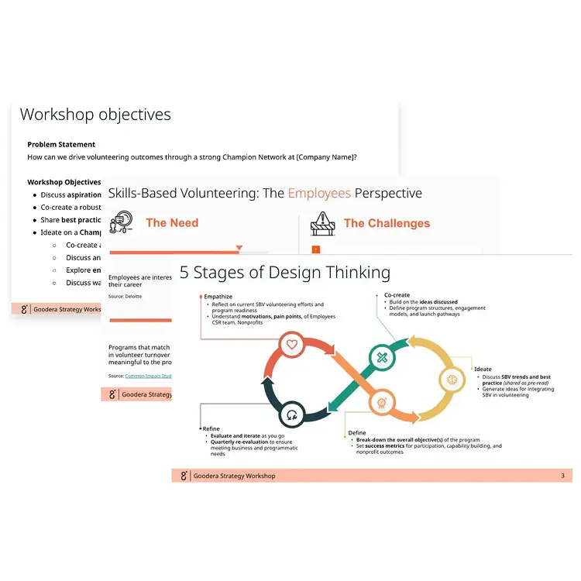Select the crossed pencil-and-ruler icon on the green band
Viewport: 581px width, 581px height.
pos(382,357)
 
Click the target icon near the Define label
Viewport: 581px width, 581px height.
pos(381,402)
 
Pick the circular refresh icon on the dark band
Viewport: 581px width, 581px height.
pos(291,414)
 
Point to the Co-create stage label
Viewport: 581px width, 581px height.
pos(397,295)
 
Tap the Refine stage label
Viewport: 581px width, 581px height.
pos(211,429)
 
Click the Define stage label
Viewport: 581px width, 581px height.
pos(356,432)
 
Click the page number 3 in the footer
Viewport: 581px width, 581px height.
pos(562,476)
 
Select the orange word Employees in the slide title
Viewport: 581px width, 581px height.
pos(319,194)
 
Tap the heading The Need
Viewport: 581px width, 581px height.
pos(172,223)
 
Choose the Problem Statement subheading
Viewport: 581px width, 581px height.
pos(61,144)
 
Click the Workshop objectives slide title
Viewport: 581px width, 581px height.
pos(95,115)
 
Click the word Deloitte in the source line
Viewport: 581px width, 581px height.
pos(135,297)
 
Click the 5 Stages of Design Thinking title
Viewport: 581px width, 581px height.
pos(285,272)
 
